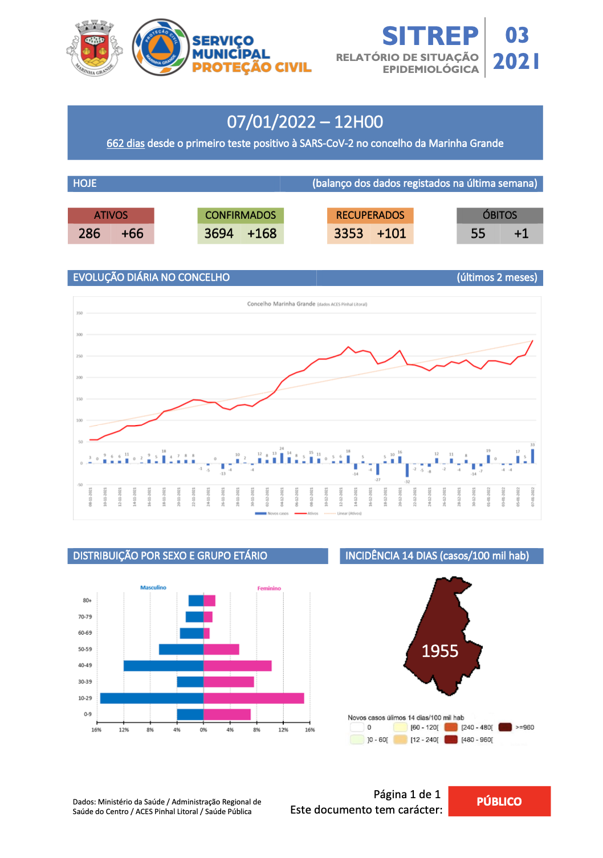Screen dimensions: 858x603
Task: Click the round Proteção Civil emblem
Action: point(161,47)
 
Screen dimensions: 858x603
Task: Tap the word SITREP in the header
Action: point(430,36)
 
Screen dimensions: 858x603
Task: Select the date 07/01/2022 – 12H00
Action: point(305,122)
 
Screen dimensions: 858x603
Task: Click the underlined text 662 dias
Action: point(125,144)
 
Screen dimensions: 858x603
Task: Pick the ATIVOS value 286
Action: point(89,234)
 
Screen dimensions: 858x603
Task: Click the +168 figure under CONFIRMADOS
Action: point(262,234)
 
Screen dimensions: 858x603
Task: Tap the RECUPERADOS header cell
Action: point(370,215)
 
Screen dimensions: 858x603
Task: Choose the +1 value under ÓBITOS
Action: point(521,234)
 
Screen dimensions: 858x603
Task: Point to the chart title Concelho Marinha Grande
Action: point(281,304)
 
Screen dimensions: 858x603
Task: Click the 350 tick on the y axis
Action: point(80,313)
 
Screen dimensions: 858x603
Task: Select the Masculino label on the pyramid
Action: point(153,587)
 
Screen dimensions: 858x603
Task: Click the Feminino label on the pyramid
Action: point(269,589)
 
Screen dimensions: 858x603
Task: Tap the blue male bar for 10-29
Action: point(152,698)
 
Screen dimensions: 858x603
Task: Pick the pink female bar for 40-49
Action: point(237,665)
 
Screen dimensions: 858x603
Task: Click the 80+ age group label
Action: point(87,600)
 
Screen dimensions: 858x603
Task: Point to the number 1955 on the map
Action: point(439,651)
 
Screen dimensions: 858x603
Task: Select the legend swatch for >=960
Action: point(505,727)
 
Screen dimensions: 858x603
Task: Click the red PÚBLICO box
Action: point(499,801)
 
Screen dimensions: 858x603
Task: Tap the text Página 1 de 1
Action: point(407,794)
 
